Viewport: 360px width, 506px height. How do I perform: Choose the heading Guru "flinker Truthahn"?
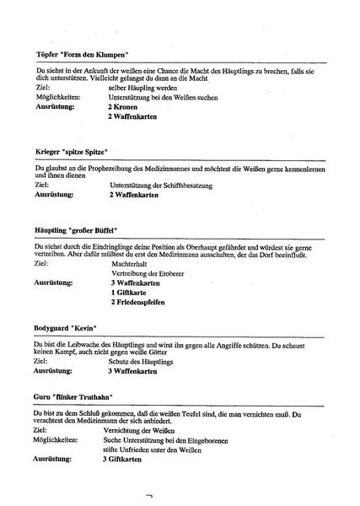(74, 396)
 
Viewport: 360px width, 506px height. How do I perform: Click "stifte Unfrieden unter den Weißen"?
(161, 450)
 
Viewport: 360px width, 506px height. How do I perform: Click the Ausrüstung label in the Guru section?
(53, 460)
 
